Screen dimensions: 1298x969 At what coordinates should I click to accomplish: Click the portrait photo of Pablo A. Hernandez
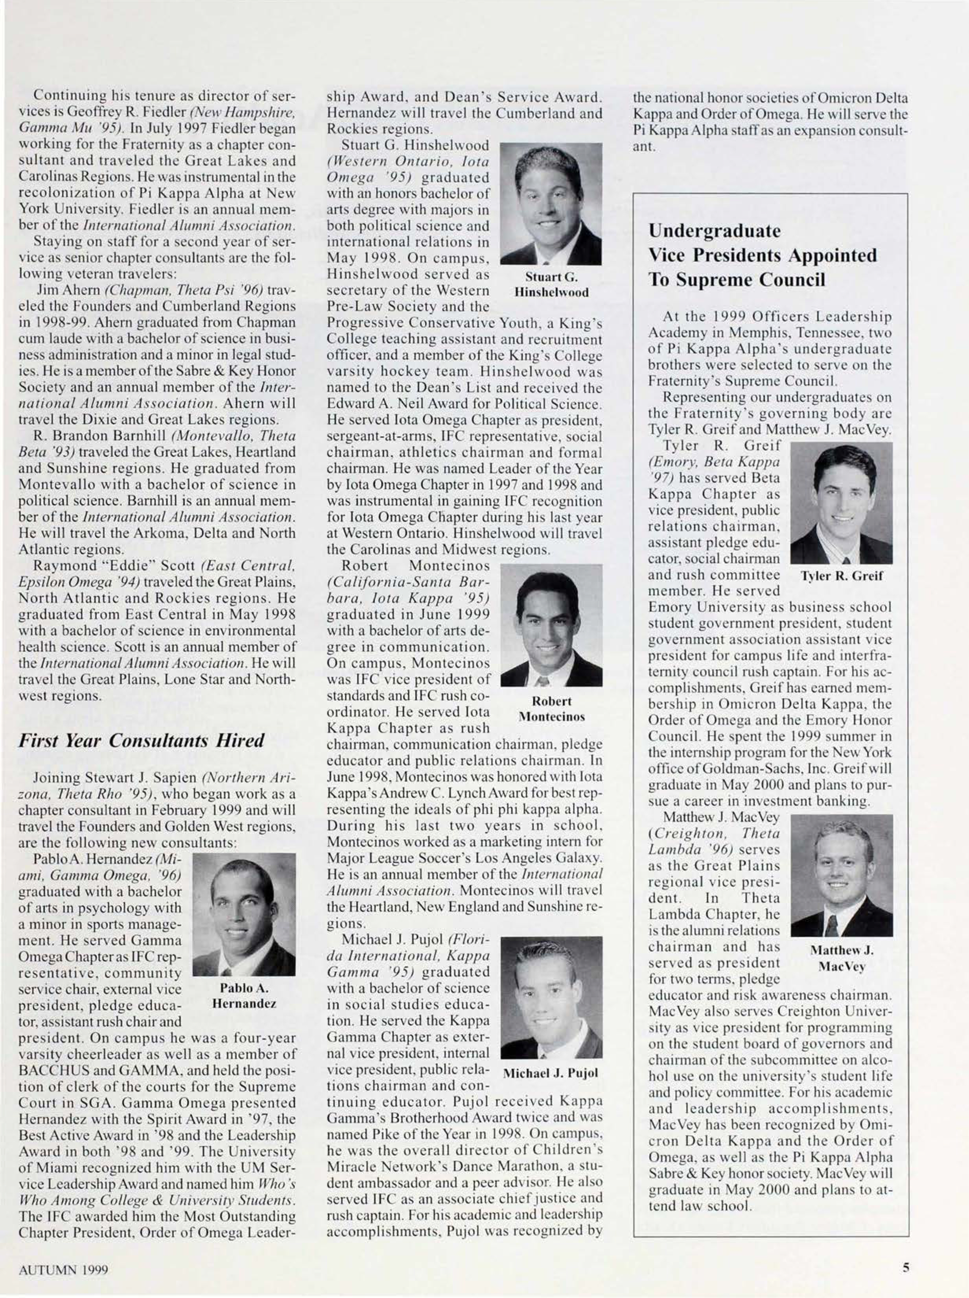pyautogui.click(x=244, y=915)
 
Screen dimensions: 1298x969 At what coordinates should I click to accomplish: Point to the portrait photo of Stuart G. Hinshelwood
pyautogui.click(x=551, y=204)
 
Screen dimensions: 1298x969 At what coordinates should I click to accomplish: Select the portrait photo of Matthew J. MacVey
pyautogui.click(x=842, y=875)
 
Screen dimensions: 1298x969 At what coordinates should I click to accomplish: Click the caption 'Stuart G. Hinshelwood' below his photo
pyautogui.click(x=551, y=284)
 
